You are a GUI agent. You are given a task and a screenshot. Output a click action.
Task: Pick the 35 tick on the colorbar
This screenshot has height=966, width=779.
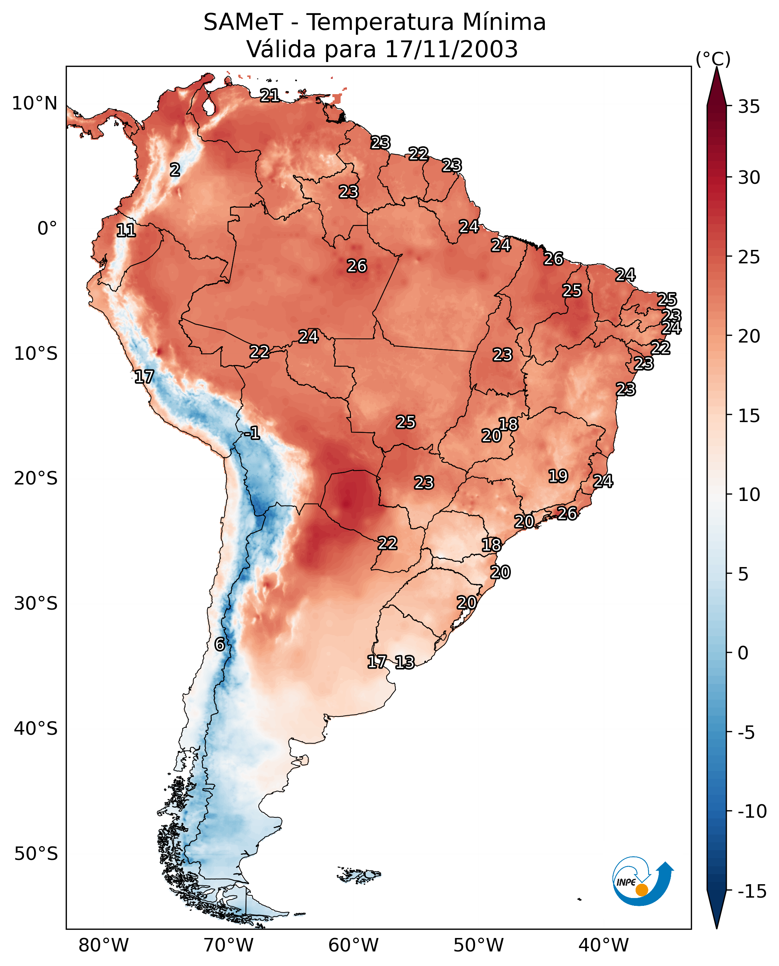(749, 107)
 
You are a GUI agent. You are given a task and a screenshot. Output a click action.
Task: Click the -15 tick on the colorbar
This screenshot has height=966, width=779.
(752, 892)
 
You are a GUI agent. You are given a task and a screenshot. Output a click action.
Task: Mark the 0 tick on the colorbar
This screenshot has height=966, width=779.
(743, 653)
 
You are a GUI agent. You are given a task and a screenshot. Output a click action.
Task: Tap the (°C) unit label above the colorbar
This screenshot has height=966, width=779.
(713, 59)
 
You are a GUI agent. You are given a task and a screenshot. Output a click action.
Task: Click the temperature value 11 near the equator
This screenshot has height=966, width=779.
(126, 231)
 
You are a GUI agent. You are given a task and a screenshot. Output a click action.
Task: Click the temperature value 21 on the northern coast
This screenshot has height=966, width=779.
(270, 95)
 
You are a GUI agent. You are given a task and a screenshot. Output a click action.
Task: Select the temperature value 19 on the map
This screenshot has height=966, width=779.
(558, 476)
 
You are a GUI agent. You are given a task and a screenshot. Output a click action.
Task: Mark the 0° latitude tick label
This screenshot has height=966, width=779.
(47, 229)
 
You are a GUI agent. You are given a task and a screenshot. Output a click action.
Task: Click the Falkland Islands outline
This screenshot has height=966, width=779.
(359, 874)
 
